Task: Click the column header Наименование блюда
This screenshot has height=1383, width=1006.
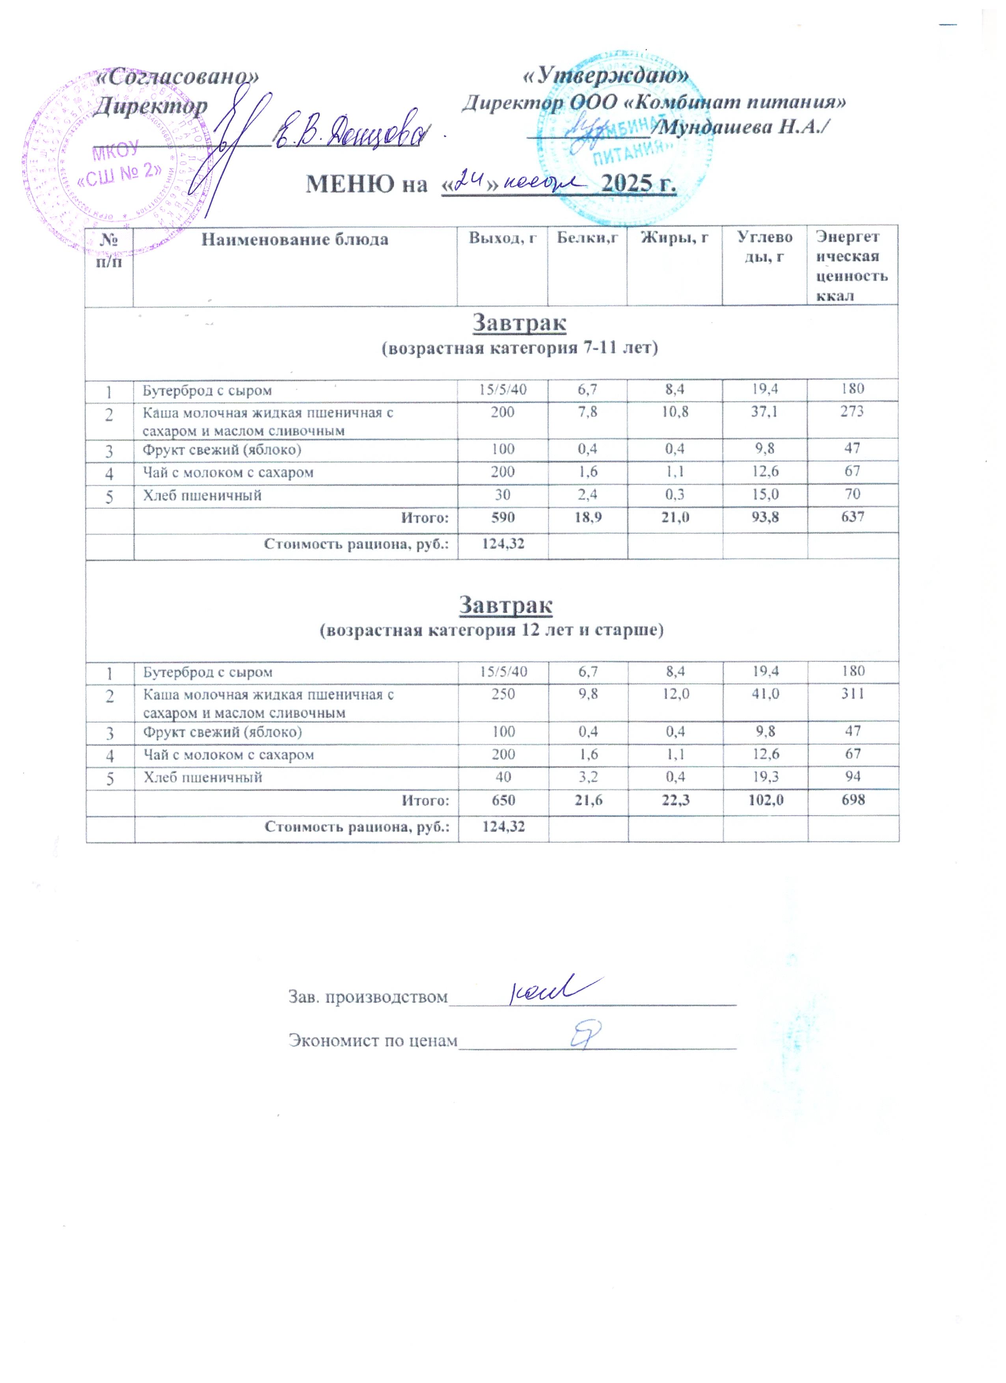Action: pos(294,240)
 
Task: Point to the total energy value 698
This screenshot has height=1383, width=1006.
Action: pos(852,799)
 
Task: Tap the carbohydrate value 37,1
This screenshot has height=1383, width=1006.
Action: pos(764,412)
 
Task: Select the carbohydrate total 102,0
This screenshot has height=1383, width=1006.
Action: pos(764,799)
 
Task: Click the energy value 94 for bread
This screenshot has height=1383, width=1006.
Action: pos(852,777)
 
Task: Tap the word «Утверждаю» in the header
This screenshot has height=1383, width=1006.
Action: pos(607,76)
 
